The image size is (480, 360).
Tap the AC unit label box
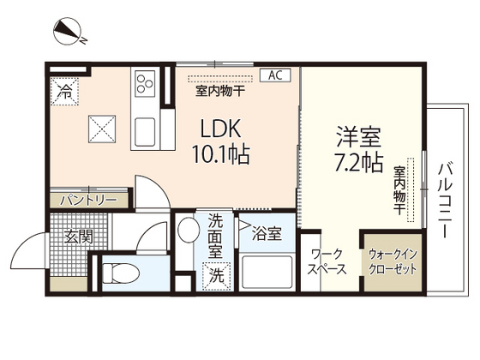coord(275,75)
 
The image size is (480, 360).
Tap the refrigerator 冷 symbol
coord(65,91)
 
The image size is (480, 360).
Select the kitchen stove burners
coord(143,84)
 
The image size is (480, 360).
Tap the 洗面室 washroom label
coord(214,237)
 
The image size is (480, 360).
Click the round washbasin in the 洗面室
coord(188,231)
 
